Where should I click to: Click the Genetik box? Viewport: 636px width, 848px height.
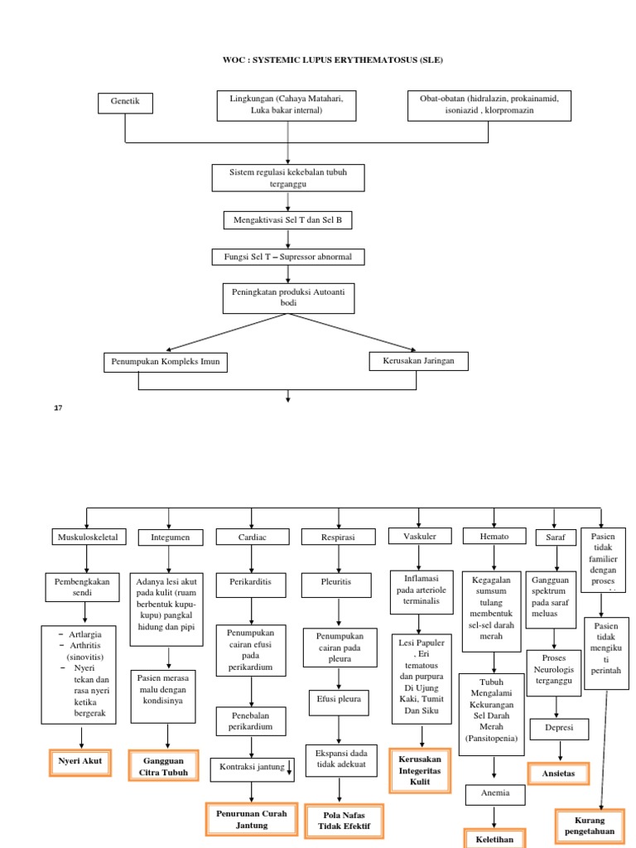point(126,103)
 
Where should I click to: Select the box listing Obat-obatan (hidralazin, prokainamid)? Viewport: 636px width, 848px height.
point(489,104)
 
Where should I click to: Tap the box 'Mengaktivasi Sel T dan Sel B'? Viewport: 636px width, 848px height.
point(287,220)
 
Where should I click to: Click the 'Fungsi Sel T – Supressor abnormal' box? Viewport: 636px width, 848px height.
point(287,258)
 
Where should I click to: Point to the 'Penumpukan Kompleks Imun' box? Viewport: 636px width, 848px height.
point(166,363)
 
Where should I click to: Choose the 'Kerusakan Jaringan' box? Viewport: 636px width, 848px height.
point(418,361)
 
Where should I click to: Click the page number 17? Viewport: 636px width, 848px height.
point(58,408)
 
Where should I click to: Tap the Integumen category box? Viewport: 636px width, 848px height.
point(169,537)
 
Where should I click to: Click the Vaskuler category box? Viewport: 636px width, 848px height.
point(419,536)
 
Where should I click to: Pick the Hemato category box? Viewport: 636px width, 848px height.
point(494,537)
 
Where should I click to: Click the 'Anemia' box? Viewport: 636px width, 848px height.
point(494,793)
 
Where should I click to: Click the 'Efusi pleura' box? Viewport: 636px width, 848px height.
point(340,697)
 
